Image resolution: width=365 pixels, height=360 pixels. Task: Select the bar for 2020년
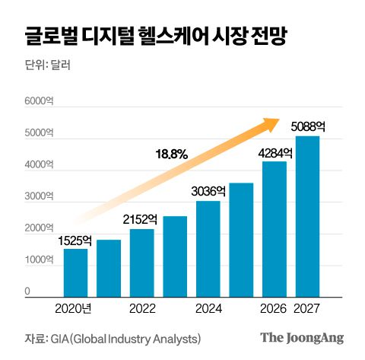coord(75,272)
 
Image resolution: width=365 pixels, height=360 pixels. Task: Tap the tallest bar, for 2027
coord(307,215)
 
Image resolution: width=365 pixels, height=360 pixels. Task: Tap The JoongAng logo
coord(302,338)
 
